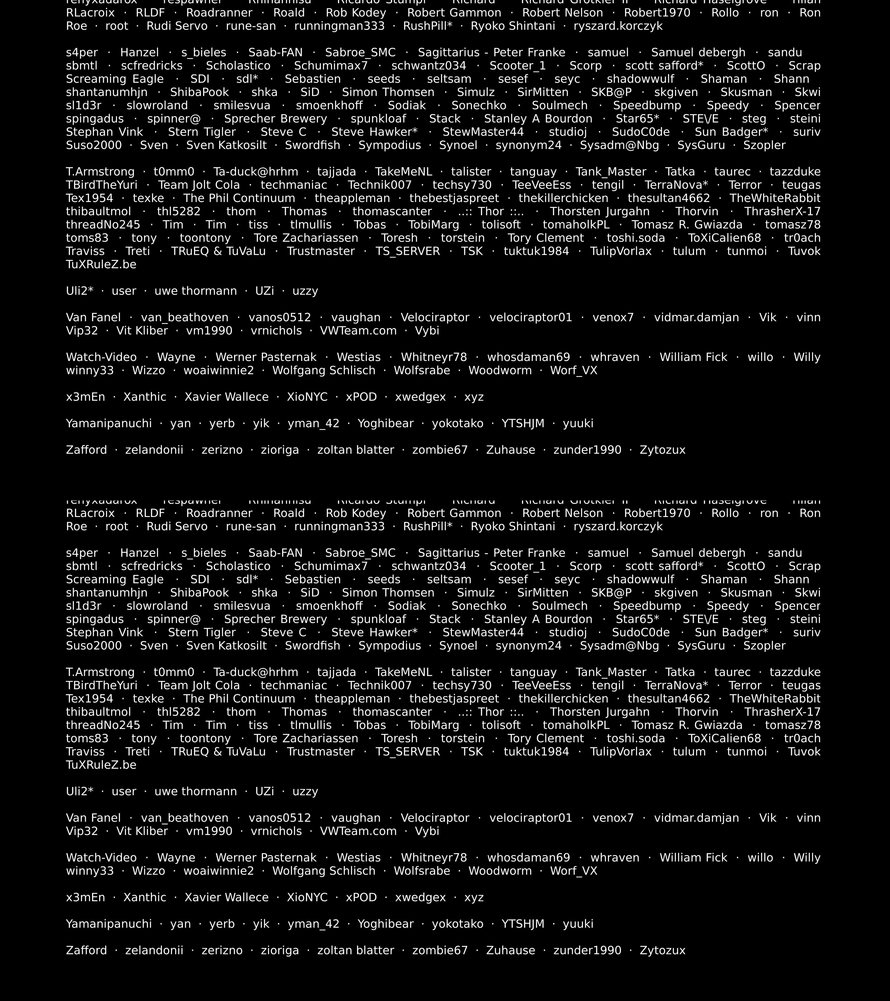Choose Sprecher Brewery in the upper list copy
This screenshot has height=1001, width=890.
pos(275,119)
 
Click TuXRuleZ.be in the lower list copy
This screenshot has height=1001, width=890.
pos(101,765)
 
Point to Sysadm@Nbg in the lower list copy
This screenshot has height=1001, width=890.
pos(619,646)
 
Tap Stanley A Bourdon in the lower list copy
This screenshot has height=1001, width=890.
pos(538,620)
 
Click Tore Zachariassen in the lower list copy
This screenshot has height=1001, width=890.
pos(306,739)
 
